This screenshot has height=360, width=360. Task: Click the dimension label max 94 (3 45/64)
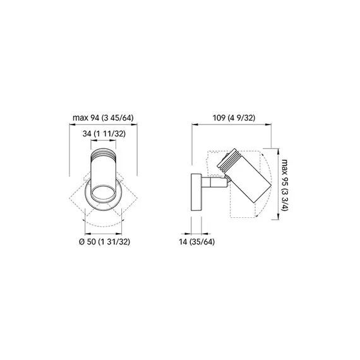pos(103,117)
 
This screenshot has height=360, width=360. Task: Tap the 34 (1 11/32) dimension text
pos(104,133)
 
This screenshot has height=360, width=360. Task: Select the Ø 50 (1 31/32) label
pos(104,241)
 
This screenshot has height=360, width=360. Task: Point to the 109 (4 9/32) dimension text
pos(234,117)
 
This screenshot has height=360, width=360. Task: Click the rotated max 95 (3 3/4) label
pos(285,184)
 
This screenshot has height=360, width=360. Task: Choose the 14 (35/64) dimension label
pos(197,241)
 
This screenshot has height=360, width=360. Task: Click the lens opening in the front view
pos(103,193)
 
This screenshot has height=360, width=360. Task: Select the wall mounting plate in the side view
pos(196,192)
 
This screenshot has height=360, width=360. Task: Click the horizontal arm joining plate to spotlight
pos(215,182)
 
